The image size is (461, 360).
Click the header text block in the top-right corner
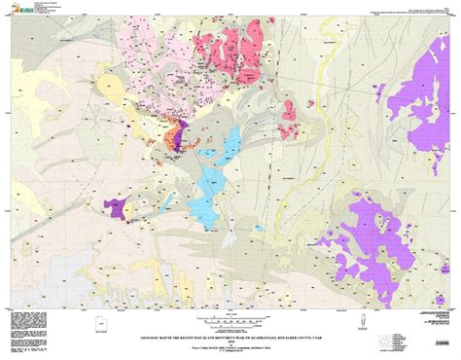[413, 12]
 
